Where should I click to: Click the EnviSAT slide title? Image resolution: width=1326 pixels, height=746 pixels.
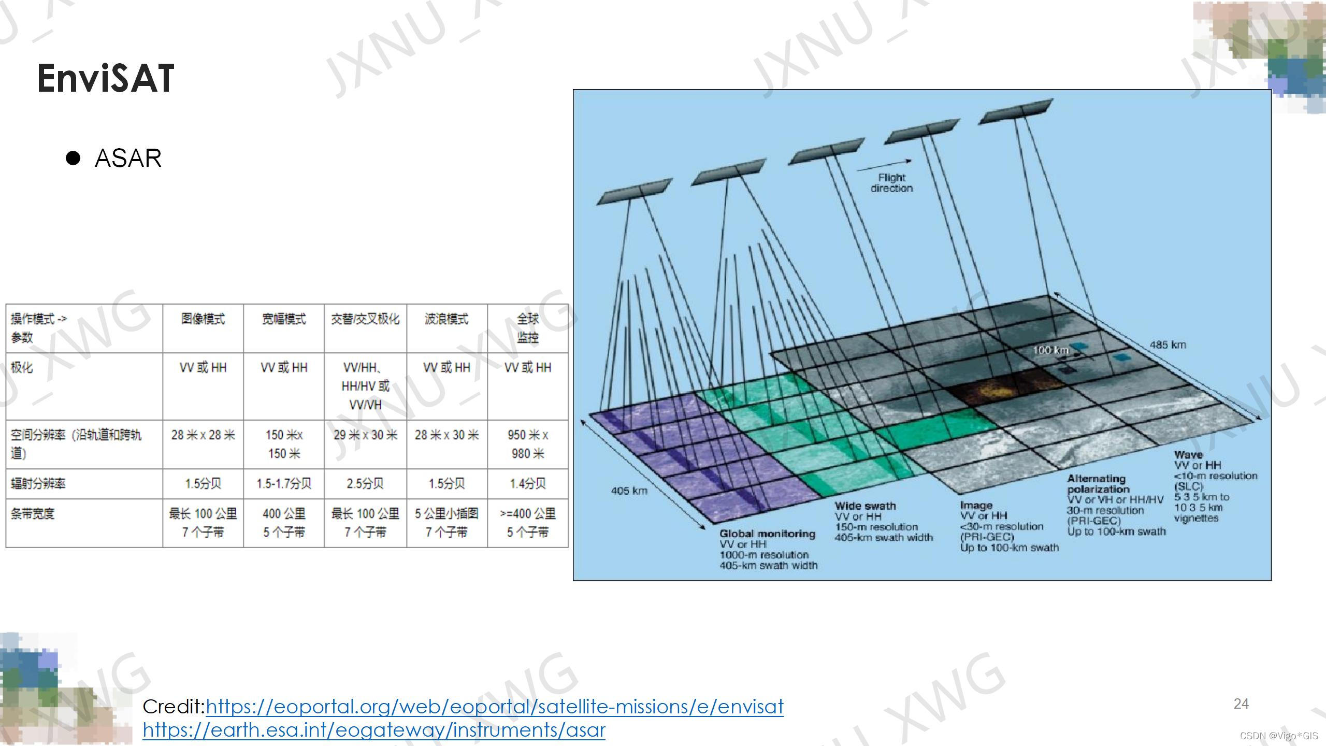click(x=106, y=79)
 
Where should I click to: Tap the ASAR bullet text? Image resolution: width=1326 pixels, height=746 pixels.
click(x=128, y=158)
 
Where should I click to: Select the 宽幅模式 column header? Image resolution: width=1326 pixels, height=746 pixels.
click(x=284, y=319)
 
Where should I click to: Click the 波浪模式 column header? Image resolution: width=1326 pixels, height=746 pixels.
click(x=446, y=319)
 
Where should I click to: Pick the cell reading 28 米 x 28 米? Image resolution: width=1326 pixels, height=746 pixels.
click(x=203, y=435)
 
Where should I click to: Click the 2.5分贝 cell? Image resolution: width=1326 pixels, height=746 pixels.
click(x=365, y=484)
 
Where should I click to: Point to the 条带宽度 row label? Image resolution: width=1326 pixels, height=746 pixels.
click(x=32, y=514)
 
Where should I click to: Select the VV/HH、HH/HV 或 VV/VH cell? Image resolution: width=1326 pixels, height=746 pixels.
click(x=365, y=386)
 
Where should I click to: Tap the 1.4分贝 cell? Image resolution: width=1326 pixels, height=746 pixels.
click(x=527, y=484)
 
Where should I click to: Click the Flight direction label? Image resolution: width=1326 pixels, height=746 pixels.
click(x=891, y=183)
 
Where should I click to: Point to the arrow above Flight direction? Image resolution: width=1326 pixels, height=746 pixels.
click(x=884, y=166)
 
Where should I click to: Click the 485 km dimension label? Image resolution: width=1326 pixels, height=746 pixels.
click(x=1168, y=345)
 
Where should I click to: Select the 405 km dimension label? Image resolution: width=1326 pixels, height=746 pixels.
click(x=629, y=491)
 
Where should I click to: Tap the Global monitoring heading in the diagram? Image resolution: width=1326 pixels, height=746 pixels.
click(x=767, y=534)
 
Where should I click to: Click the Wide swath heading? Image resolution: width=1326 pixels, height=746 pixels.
click(x=865, y=506)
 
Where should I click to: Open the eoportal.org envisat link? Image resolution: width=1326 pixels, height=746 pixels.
click(x=495, y=707)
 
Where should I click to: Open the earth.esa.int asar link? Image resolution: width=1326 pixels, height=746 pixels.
click(x=374, y=730)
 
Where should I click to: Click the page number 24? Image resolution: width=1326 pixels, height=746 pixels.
click(x=1241, y=704)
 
